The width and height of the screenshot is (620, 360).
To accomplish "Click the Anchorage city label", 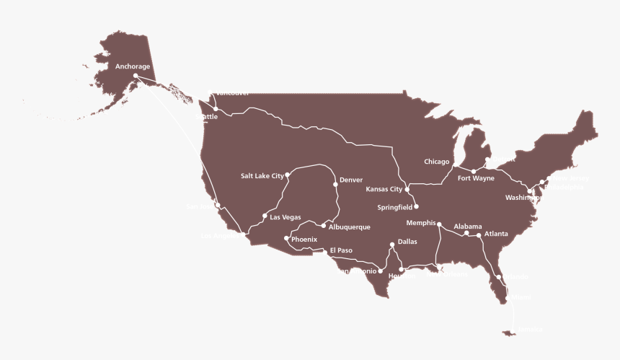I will coord(133,66).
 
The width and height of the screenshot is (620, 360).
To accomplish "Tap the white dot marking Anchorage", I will coord(136,75).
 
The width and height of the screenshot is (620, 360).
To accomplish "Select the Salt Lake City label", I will coord(262,175).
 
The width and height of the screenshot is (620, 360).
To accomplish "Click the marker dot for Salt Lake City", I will coord(288,175).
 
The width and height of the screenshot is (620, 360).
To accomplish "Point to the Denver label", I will coord(351,180).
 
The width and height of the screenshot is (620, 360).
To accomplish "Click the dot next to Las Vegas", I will coord(265,216).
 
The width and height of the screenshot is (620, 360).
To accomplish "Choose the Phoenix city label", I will coord(304,239).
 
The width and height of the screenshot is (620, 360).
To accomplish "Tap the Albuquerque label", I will coord(349,227).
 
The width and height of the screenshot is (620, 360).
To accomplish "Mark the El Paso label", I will coord(341,250).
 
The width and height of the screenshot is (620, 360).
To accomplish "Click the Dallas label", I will coord(407,242).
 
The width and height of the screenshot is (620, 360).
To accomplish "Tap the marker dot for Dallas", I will coord(392,244).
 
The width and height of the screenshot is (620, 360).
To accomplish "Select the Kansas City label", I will coord(384,190).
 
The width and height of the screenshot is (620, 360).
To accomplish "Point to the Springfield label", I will coord(394,207).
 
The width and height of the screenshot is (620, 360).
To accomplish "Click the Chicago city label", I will coord(437,162).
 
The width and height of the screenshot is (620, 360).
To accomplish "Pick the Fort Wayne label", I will coord(476,178).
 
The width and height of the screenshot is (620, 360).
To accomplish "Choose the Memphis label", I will coord(421,223).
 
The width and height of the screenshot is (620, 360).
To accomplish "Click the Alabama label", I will coord(468,227).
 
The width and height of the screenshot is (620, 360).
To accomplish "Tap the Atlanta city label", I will coord(496,234).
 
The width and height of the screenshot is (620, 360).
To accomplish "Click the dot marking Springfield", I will coord(416,206).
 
